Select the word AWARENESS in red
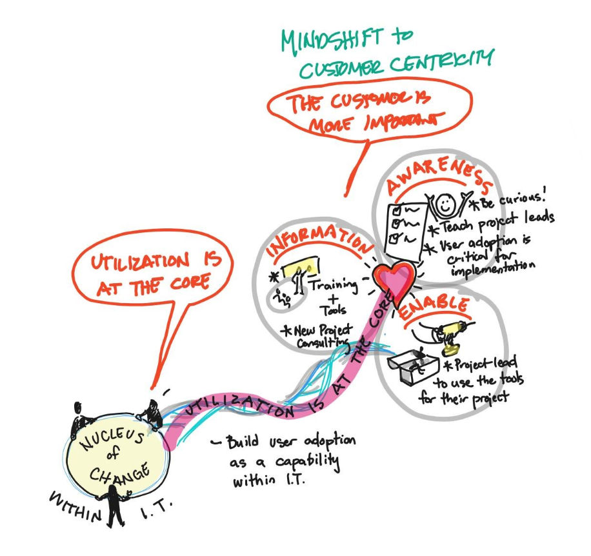coord(436,177)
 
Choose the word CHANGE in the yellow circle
coord(120,475)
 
